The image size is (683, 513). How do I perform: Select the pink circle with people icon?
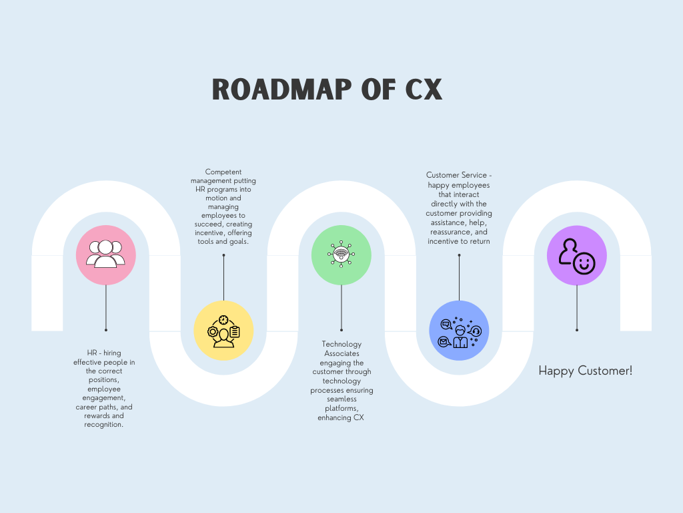click(x=106, y=255)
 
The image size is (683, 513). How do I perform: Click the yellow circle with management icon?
click(x=223, y=330)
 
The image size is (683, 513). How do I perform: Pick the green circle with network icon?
click(x=341, y=255)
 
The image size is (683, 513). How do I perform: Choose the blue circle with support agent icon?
click(x=459, y=330)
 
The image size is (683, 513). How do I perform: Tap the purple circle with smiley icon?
click(x=576, y=255)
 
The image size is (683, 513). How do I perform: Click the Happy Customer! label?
click(x=585, y=371)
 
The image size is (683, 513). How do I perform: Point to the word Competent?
click(x=223, y=172)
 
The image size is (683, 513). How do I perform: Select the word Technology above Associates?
click(x=341, y=345)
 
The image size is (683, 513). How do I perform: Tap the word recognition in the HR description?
click(x=105, y=424)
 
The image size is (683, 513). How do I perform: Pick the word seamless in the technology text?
click(x=341, y=399)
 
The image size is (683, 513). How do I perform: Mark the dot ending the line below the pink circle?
click(x=106, y=330)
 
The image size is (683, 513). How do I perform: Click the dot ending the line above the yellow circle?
click(x=223, y=255)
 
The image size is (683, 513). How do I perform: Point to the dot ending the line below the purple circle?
click(x=576, y=330)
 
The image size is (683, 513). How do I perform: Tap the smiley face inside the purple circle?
click(x=584, y=263)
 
